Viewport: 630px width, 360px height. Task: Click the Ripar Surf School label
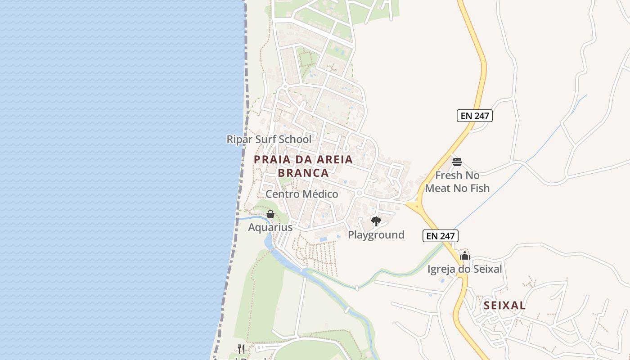pos(269,139)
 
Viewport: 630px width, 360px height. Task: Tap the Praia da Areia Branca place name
pos(303,166)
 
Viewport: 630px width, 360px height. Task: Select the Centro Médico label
pos(301,194)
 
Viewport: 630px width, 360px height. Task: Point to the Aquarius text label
pos(270,227)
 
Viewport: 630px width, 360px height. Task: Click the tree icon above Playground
pos(376,221)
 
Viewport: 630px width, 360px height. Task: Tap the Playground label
pos(376,234)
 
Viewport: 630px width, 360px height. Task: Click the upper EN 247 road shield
pos(475,116)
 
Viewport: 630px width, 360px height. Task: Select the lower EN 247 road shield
pos(440,235)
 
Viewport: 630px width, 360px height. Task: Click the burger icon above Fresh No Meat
pos(457,162)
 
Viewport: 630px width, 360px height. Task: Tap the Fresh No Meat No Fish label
pos(457,181)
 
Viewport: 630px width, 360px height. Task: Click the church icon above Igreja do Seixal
pos(464,256)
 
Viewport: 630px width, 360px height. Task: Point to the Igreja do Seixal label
pos(464,269)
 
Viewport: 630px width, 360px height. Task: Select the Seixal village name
pos(504,306)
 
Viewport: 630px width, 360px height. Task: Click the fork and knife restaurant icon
pos(241,349)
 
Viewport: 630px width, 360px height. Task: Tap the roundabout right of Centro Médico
pos(359,193)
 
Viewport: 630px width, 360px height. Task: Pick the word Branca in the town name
pos(303,173)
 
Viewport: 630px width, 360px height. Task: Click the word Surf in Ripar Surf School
pos(265,139)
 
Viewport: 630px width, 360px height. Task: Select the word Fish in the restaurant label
pos(479,188)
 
